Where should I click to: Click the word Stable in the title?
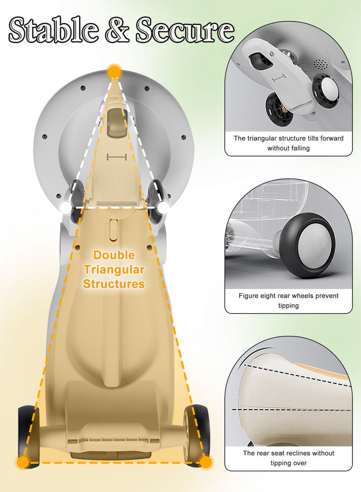pyautogui.click(x=53, y=30)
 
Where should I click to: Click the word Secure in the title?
pyautogui.click(x=185, y=30)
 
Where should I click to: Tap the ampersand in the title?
pyautogui.click(x=117, y=30)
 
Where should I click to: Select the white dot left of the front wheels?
pyautogui.click(x=65, y=207)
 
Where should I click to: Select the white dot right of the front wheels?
pyautogui.click(x=164, y=207)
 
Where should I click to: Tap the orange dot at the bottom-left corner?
pyautogui.click(x=23, y=462)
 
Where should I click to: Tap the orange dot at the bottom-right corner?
pyautogui.click(x=206, y=462)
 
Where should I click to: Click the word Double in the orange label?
pyautogui.click(x=114, y=255)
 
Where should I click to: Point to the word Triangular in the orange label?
pyautogui.click(x=114, y=270)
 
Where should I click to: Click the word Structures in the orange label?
pyautogui.click(x=114, y=284)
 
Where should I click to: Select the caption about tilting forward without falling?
pyautogui.click(x=288, y=143)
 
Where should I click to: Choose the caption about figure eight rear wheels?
pyautogui.click(x=288, y=301)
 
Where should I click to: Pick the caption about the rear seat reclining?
pyautogui.click(x=288, y=458)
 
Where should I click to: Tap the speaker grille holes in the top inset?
pyautogui.click(x=320, y=64)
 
